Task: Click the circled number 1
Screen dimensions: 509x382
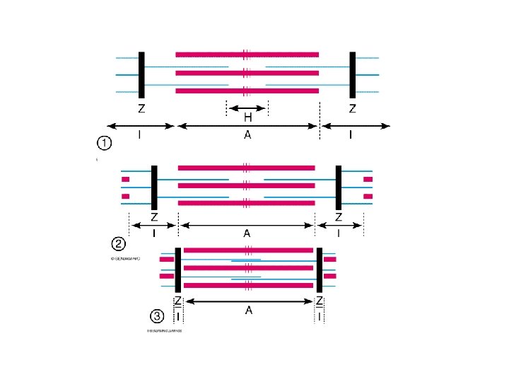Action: (103, 144)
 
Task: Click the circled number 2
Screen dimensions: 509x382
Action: (119, 244)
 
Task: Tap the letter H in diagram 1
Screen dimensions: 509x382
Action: (248, 117)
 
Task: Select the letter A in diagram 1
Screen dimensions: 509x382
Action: (247, 136)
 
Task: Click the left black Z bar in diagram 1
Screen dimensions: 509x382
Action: (142, 75)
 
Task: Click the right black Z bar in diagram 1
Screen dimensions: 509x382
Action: (352, 75)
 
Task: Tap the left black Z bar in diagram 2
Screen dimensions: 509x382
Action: (154, 187)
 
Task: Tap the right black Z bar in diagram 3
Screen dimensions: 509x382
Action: (320, 270)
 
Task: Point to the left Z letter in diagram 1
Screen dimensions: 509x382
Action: (142, 109)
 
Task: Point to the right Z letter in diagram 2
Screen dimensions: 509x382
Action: (339, 217)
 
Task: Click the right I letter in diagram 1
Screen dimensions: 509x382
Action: (351, 136)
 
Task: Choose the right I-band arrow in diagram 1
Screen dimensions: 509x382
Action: (356, 126)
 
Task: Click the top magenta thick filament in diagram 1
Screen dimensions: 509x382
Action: (247, 54)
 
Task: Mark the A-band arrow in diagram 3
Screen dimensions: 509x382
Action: (249, 301)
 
